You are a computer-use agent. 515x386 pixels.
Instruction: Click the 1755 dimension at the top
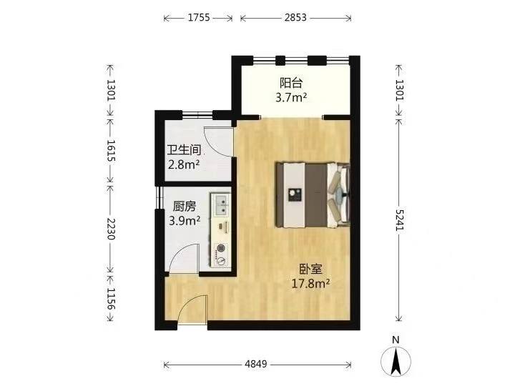click(199, 17)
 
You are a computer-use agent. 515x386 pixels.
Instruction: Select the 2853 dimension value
click(295, 17)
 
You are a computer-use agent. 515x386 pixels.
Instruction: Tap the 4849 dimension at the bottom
click(256, 364)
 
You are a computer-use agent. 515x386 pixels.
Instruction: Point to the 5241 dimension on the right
click(398, 219)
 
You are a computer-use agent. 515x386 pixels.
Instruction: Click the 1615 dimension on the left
click(110, 151)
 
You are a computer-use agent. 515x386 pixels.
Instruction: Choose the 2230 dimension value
click(110, 229)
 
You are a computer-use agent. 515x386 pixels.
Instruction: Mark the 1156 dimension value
click(110, 299)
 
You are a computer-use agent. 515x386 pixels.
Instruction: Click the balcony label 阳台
click(291, 83)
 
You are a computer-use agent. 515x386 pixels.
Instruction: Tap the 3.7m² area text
click(291, 97)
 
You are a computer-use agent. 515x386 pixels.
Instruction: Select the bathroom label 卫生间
click(184, 150)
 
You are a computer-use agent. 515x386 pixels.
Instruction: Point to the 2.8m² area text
click(184, 164)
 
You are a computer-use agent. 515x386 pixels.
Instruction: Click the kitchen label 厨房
click(185, 206)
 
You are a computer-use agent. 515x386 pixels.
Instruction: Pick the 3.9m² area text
click(185, 221)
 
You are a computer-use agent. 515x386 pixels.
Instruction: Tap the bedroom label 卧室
click(310, 269)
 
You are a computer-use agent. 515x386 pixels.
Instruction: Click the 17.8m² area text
click(310, 284)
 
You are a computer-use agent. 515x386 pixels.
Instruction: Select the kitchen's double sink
click(221, 205)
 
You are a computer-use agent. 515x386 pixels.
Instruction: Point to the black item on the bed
click(293, 194)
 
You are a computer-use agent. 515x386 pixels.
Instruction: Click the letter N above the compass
click(396, 340)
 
